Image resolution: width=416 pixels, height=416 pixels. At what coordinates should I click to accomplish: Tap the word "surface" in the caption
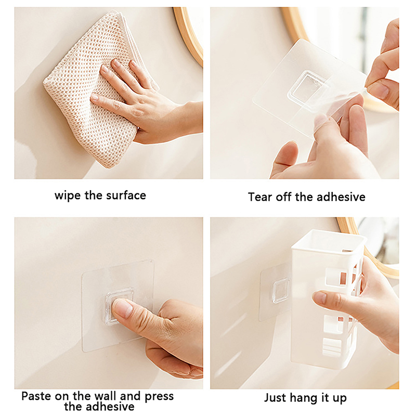pyautogui.click(x=126, y=196)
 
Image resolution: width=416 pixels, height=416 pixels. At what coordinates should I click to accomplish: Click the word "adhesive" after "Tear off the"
pyautogui.click(x=341, y=197)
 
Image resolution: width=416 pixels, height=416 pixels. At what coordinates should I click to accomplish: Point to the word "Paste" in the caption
pyautogui.click(x=36, y=396)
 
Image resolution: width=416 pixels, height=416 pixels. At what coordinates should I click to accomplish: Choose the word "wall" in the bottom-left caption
pyautogui.click(x=106, y=396)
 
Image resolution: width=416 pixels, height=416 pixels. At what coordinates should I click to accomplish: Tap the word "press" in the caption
pyautogui.click(x=159, y=397)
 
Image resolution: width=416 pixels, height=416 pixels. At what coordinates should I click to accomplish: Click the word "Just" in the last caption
pyautogui.click(x=275, y=398)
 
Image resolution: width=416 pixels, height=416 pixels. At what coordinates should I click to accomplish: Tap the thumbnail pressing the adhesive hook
pyautogui.click(x=123, y=308)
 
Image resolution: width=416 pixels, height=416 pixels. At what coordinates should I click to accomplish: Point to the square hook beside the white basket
pyautogui.click(x=281, y=291)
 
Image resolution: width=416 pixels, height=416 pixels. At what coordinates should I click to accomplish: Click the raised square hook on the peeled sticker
pyautogui.click(x=307, y=87)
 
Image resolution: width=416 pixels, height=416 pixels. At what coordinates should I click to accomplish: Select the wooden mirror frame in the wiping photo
pyautogui.click(x=189, y=34)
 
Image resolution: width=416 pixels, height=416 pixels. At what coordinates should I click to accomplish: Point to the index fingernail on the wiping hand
pyautogui.click(x=116, y=63)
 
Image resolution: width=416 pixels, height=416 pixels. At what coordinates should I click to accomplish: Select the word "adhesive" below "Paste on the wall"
pyautogui.click(x=99, y=407)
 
